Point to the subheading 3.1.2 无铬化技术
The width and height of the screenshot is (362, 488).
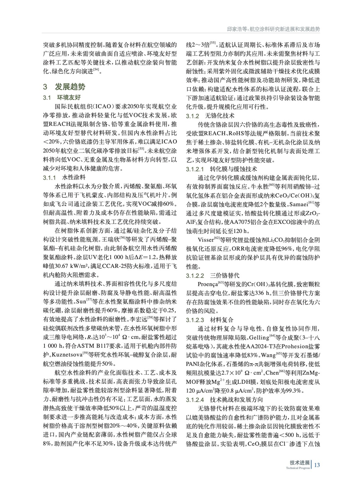coord(210,116)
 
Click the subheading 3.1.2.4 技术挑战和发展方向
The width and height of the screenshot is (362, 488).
coord(224,399)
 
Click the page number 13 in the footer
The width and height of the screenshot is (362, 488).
coord(317,465)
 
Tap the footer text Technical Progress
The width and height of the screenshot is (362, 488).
coord(298,468)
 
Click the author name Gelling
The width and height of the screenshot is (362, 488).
coord(259,338)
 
